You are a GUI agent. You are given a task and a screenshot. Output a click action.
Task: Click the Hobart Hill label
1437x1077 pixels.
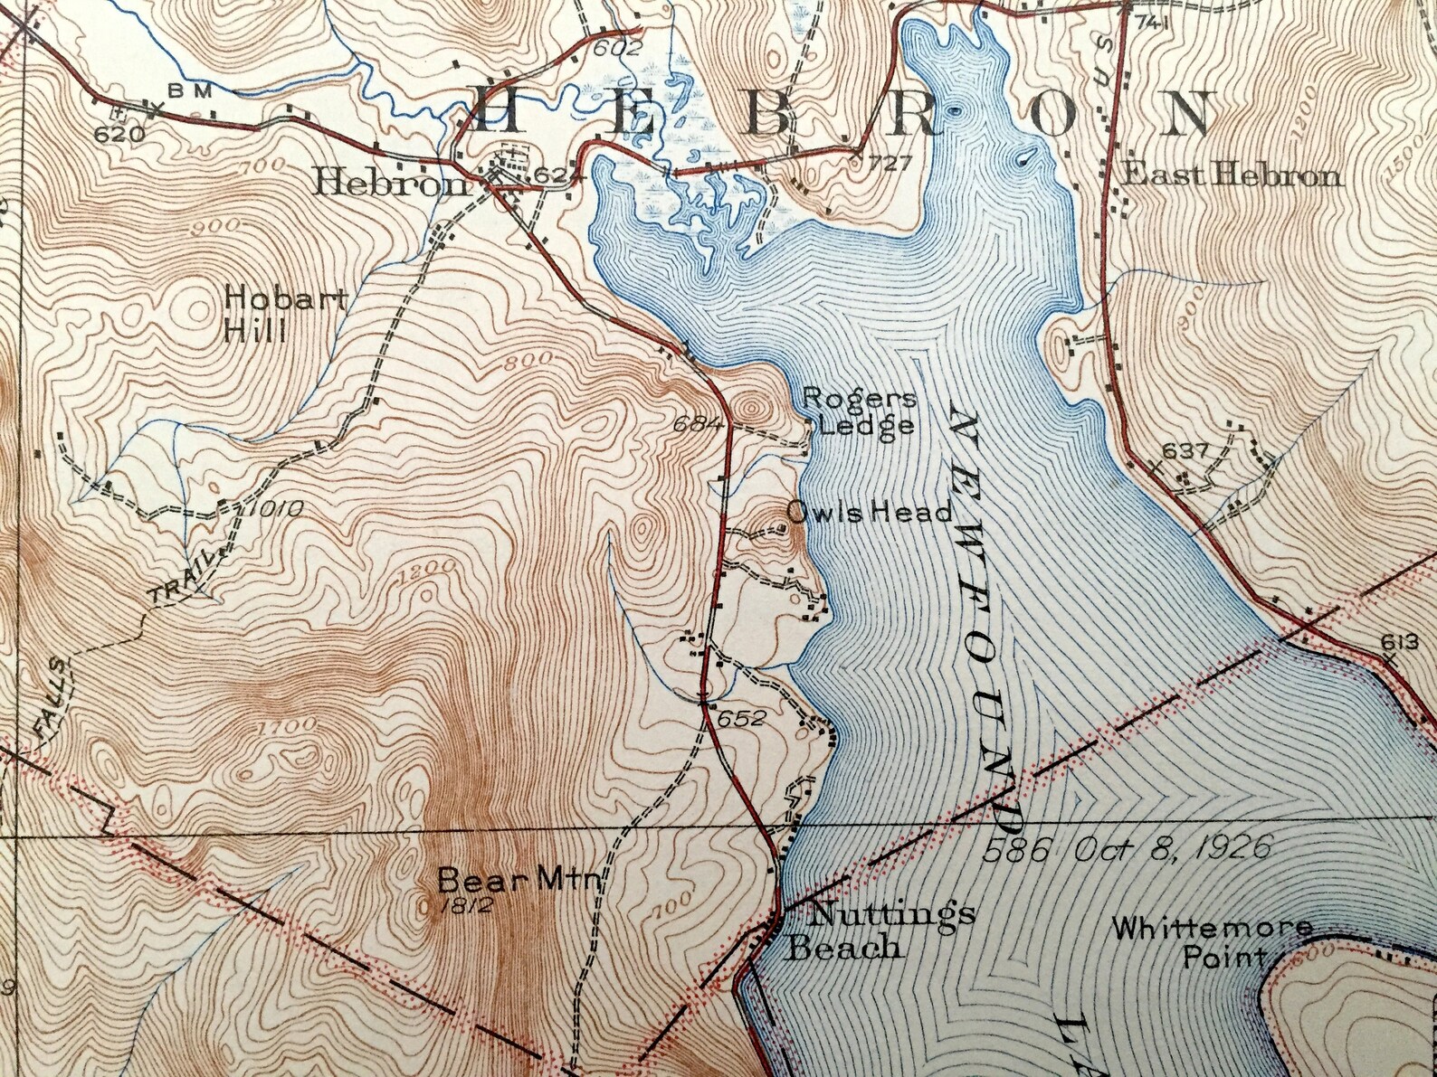coord(256,314)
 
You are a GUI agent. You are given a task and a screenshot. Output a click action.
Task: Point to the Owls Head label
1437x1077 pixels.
coord(869,513)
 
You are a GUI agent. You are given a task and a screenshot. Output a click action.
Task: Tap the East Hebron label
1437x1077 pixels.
coord(1230,175)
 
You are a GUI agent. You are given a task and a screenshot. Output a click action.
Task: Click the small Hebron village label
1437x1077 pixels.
coord(389,184)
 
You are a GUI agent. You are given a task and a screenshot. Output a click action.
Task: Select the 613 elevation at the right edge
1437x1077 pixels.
coord(1398,642)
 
